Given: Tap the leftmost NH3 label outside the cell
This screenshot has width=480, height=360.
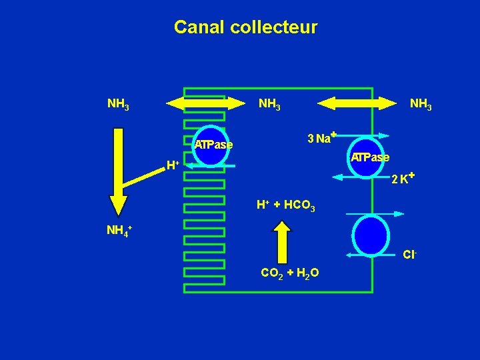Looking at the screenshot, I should click(x=118, y=105).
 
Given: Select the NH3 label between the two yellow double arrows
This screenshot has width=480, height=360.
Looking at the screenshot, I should click(x=269, y=105).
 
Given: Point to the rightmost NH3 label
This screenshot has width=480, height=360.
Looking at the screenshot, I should click(x=421, y=105).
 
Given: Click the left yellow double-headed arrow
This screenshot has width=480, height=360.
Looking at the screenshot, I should click(x=205, y=103).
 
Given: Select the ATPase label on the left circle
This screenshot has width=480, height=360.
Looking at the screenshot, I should click(x=213, y=145).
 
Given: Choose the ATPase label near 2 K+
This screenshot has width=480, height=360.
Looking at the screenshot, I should click(x=371, y=158).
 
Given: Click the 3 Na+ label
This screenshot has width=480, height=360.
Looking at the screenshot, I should click(x=321, y=138).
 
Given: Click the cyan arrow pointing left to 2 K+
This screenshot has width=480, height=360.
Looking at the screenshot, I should click(x=360, y=177).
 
